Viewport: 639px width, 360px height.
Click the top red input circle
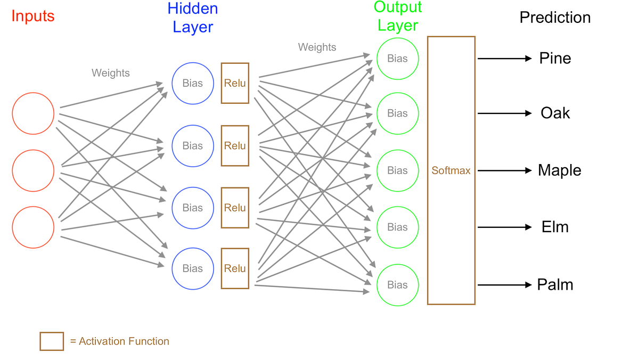tap(33, 113)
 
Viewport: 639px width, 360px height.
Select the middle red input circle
tap(33, 170)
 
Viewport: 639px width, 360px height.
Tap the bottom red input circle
tap(33, 227)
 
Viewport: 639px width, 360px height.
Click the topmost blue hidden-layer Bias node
tap(192, 84)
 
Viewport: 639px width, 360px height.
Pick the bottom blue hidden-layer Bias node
tap(192, 268)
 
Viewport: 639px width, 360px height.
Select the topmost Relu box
tap(235, 83)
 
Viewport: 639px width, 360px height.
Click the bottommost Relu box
tap(235, 268)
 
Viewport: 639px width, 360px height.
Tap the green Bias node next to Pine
tap(397, 59)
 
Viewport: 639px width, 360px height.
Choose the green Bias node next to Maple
tap(397, 170)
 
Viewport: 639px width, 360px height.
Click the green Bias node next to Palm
tap(397, 285)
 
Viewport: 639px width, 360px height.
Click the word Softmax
tap(451, 171)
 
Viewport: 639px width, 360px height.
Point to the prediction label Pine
tap(555, 59)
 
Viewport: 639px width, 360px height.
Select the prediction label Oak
tap(555, 113)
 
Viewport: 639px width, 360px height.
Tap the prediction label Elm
tap(555, 227)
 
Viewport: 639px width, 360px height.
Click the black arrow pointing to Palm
tap(505, 285)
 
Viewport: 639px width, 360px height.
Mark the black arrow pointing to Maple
tap(505, 170)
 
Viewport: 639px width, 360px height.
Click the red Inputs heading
tap(33, 17)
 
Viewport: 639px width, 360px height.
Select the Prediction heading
tap(555, 18)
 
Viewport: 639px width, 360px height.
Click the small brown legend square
tap(52, 341)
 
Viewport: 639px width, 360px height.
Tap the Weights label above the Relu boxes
tap(317, 47)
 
